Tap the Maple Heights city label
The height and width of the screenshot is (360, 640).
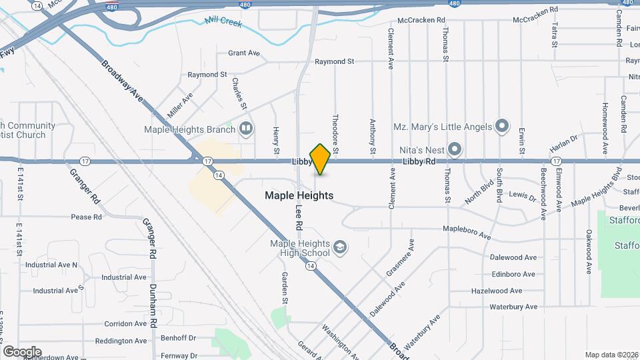coord(299,195)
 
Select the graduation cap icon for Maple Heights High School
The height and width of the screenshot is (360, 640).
coord(341,248)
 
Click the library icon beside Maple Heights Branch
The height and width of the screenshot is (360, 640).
coord(247,128)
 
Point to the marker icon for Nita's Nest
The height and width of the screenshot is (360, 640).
coord(455,149)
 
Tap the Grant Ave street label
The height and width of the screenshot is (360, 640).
coord(243,53)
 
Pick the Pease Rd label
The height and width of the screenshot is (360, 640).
coord(86,217)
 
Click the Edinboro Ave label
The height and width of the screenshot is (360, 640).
coord(513,274)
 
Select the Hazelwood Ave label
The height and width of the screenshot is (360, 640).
coord(515,291)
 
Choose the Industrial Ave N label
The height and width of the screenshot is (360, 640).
coord(51,265)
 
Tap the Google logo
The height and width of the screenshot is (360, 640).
coord(22,352)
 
